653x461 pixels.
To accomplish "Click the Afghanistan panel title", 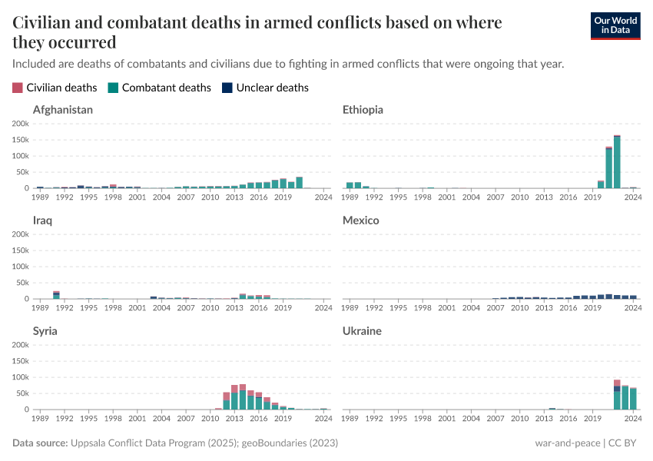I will click(x=63, y=110).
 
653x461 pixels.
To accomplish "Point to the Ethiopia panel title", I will click(x=363, y=110).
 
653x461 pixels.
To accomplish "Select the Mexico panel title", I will click(x=361, y=221).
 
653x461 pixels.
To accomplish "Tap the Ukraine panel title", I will click(x=363, y=331).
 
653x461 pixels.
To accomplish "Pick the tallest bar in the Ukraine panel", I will click(x=617, y=395).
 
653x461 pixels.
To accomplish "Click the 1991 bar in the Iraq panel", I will click(x=56, y=295).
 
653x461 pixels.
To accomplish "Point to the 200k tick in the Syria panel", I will click(x=21, y=345).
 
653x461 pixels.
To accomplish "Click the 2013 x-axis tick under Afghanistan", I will click(x=234, y=197).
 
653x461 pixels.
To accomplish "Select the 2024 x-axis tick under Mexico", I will click(x=633, y=308).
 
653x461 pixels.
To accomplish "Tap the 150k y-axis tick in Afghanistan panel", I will click(x=21, y=140).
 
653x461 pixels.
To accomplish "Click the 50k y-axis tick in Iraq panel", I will click(x=22, y=283).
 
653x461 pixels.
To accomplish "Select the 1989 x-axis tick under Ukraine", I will click(x=350, y=419).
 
